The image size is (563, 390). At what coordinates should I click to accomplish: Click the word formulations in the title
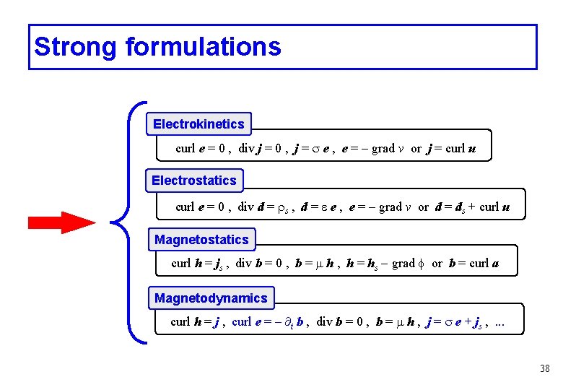tap(203, 47)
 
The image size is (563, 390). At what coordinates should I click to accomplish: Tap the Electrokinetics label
tap(198, 124)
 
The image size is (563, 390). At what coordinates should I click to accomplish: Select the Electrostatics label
tap(194, 181)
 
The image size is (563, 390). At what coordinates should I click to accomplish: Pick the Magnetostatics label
tap(201, 240)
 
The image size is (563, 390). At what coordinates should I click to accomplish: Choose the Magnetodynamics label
tap(211, 298)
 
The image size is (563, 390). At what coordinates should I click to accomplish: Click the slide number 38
tap(544, 369)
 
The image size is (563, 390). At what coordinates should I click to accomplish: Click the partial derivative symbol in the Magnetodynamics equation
tap(286, 321)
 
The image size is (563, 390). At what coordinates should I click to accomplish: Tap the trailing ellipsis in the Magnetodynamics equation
tap(499, 322)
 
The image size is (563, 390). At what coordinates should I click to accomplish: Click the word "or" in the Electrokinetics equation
tap(416, 149)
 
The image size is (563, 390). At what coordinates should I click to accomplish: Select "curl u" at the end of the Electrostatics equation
tap(494, 207)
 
